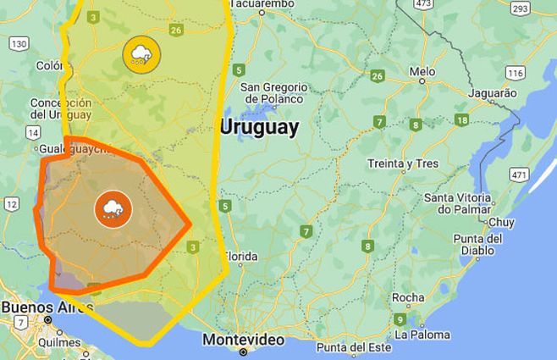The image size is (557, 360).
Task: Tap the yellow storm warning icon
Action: click(141, 54)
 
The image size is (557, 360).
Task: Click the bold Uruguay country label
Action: click(259, 127)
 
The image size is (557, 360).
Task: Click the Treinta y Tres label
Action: click(403, 163)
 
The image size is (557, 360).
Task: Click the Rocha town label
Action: click(408, 297)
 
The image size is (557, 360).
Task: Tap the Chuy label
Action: click(501, 222)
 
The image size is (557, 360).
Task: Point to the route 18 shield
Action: click(460, 120)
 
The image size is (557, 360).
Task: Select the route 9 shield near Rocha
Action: click(399, 318)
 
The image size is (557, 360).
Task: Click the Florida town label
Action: click(240, 256)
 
